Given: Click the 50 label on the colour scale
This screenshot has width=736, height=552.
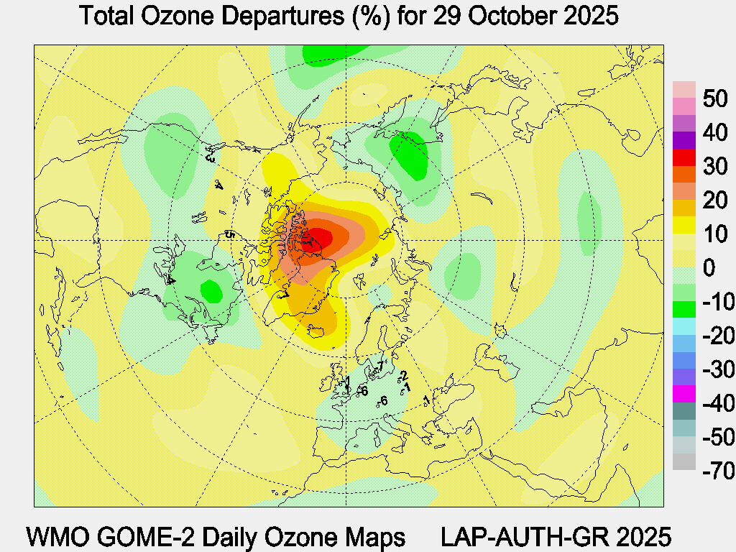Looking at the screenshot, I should point(697,98).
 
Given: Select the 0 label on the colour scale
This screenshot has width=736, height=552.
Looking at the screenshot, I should point(689,268).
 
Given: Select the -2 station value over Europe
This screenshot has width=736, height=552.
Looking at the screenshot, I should point(404,375).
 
